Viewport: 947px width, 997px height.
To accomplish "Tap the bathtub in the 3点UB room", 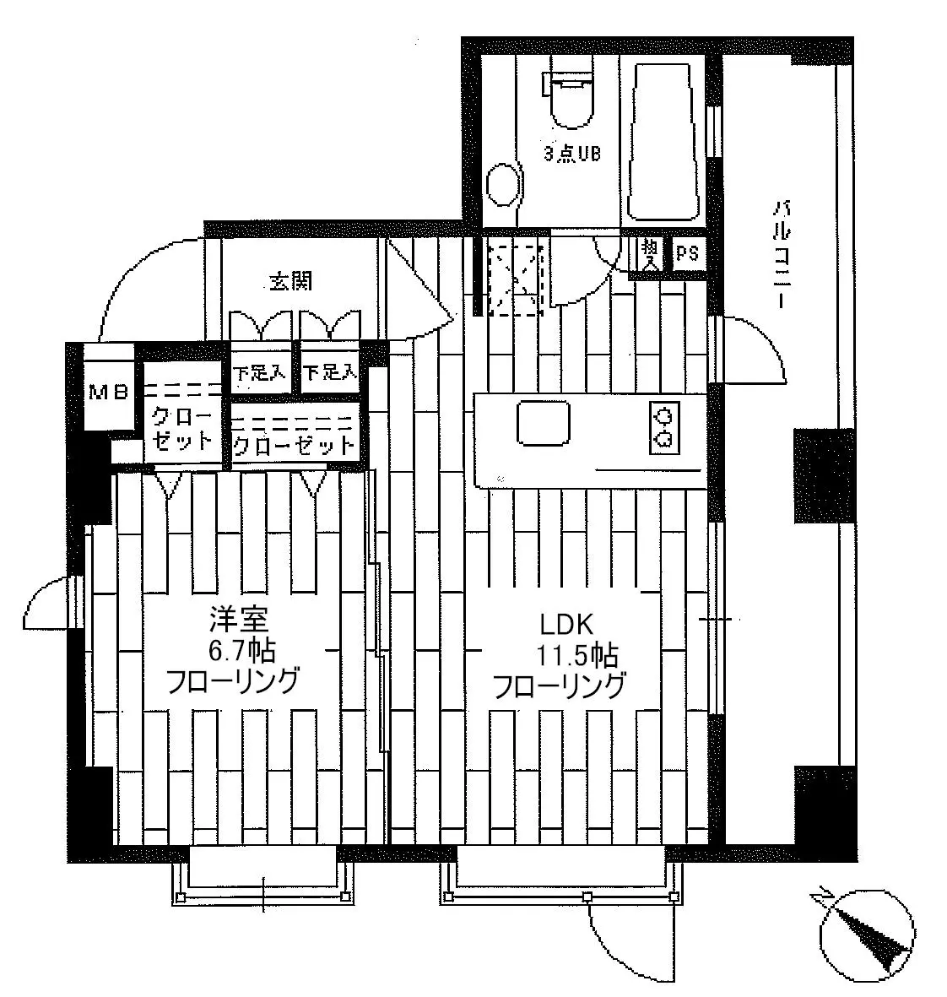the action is pyautogui.click(x=664, y=141).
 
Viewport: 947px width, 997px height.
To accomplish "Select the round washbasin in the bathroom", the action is pyautogui.click(x=506, y=184).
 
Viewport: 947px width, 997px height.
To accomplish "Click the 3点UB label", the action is pyautogui.click(x=572, y=154).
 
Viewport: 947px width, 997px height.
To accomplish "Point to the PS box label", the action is pyautogui.click(x=687, y=254).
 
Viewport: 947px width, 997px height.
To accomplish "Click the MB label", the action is pyautogui.click(x=109, y=393).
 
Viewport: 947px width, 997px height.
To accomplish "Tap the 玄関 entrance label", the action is pyautogui.click(x=290, y=281).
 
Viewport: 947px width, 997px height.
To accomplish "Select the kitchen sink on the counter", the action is pyautogui.click(x=543, y=423).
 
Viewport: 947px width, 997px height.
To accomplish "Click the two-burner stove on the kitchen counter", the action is pyautogui.click(x=665, y=428).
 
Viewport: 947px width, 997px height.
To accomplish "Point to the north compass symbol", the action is pyautogui.click(x=867, y=939).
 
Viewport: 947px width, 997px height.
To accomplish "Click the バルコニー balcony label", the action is pyautogui.click(x=781, y=255).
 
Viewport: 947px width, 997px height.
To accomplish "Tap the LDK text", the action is pyautogui.click(x=566, y=625).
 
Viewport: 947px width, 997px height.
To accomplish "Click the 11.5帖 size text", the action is pyautogui.click(x=577, y=655).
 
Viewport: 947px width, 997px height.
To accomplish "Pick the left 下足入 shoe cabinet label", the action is pyautogui.click(x=259, y=372).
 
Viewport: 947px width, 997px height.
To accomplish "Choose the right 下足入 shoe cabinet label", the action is pyautogui.click(x=330, y=372).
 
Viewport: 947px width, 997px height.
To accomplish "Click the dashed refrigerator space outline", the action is pyautogui.click(x=516, y=279).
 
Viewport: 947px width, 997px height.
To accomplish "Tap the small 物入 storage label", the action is pyautogui.click(x=650, y=254).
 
